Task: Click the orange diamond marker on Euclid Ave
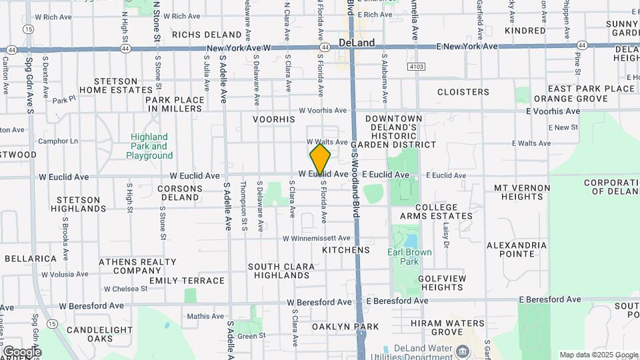(320, 159)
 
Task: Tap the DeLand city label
(357, 42)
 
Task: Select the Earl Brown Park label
(409, 257)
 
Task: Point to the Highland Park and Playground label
(149, 146)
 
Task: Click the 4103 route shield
(416, 67)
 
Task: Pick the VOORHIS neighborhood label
(273, 119)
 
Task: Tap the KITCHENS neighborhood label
(345, 250)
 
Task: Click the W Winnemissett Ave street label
(316, 238)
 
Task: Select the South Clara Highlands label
(281, 271)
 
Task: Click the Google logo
(21, 352)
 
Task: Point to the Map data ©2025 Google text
(598, 355)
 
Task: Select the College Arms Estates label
(436, 211)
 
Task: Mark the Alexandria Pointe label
(517, 250)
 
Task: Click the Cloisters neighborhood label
(463, 92)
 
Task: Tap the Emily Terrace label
(187, 281)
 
